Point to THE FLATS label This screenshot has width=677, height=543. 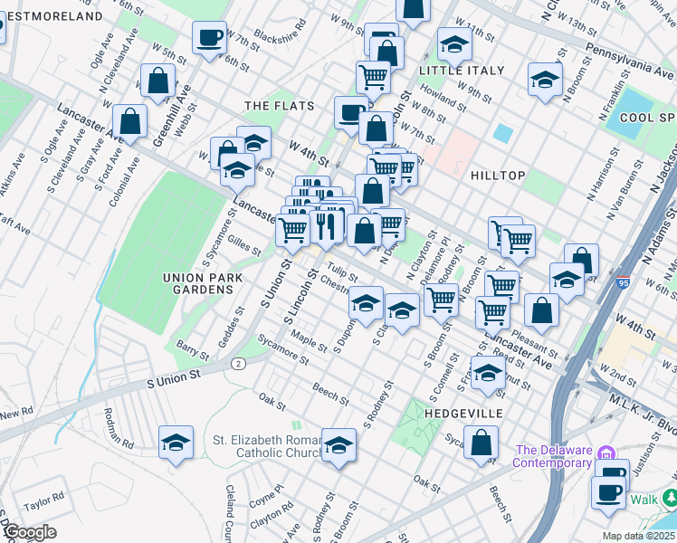[280, 106]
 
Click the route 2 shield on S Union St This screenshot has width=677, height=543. [237, 363]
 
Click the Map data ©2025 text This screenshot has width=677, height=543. [638, 536]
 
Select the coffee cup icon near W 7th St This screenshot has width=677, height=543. [209, 38]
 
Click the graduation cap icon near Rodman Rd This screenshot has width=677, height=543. [176, 443]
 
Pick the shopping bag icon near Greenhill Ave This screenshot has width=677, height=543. [158, 80]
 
